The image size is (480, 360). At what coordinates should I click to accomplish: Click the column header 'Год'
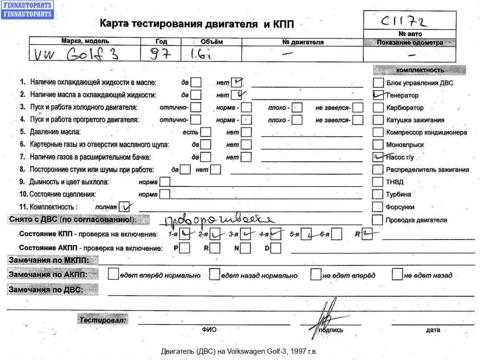[162, 42]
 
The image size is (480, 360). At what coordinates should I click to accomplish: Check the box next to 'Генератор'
[378, 95]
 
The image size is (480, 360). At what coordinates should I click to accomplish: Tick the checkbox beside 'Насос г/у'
[378, 157]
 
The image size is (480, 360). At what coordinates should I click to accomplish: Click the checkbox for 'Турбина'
[378, 194]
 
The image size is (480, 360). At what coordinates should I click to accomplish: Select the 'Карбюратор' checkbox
[378, 108]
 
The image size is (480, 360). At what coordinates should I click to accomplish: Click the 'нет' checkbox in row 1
[236, 83]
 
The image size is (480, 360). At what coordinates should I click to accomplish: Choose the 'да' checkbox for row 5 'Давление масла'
[205, 132]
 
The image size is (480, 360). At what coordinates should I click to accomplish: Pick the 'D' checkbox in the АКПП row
[276, 248]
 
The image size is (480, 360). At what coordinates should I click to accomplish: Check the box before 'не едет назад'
[397, 275]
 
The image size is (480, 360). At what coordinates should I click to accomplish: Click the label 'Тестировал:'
[103, 320]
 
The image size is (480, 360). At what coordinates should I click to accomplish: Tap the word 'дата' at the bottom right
[432, 330]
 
